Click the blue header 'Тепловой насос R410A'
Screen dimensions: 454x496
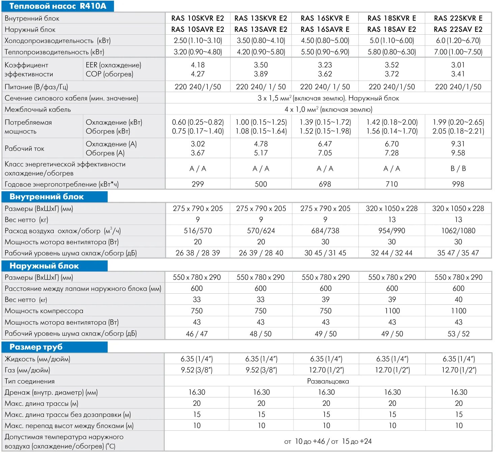click(x=58, y=6)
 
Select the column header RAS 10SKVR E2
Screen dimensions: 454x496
click(x=197, y=18)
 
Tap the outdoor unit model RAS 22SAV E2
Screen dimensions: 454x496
click(x=458, y=29)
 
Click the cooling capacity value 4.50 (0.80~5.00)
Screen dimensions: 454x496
click(x=325, y=41)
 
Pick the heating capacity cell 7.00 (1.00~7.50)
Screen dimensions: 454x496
click(x=458, y=52)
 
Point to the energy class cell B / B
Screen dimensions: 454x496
click(x=458, y=168)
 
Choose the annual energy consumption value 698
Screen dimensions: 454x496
click(x=325, y=184)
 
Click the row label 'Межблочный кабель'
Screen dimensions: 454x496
click(x=38, y=109)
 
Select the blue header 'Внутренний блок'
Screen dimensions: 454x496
click(x=47, y=197)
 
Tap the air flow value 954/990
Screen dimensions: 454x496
click(x=391, y=231)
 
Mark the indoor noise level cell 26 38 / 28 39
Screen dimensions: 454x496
click(x=198, y=253)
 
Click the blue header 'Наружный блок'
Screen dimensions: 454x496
click(x=44, y=266)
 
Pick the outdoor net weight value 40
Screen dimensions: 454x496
click(x=458, y=299)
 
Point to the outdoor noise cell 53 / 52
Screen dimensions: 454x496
click(x=458, y=334)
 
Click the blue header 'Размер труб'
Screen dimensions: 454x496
click(x=36, y=347)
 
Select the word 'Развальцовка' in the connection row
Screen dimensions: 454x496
click(x=328, y=381)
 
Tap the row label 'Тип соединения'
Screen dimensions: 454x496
click(x=30, y=381)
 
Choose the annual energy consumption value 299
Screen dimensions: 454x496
click(x=198, y=184)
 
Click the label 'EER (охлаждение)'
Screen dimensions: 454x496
click(x=113, y=65)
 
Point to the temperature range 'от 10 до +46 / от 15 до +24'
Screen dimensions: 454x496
click(x=328, y=441)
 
